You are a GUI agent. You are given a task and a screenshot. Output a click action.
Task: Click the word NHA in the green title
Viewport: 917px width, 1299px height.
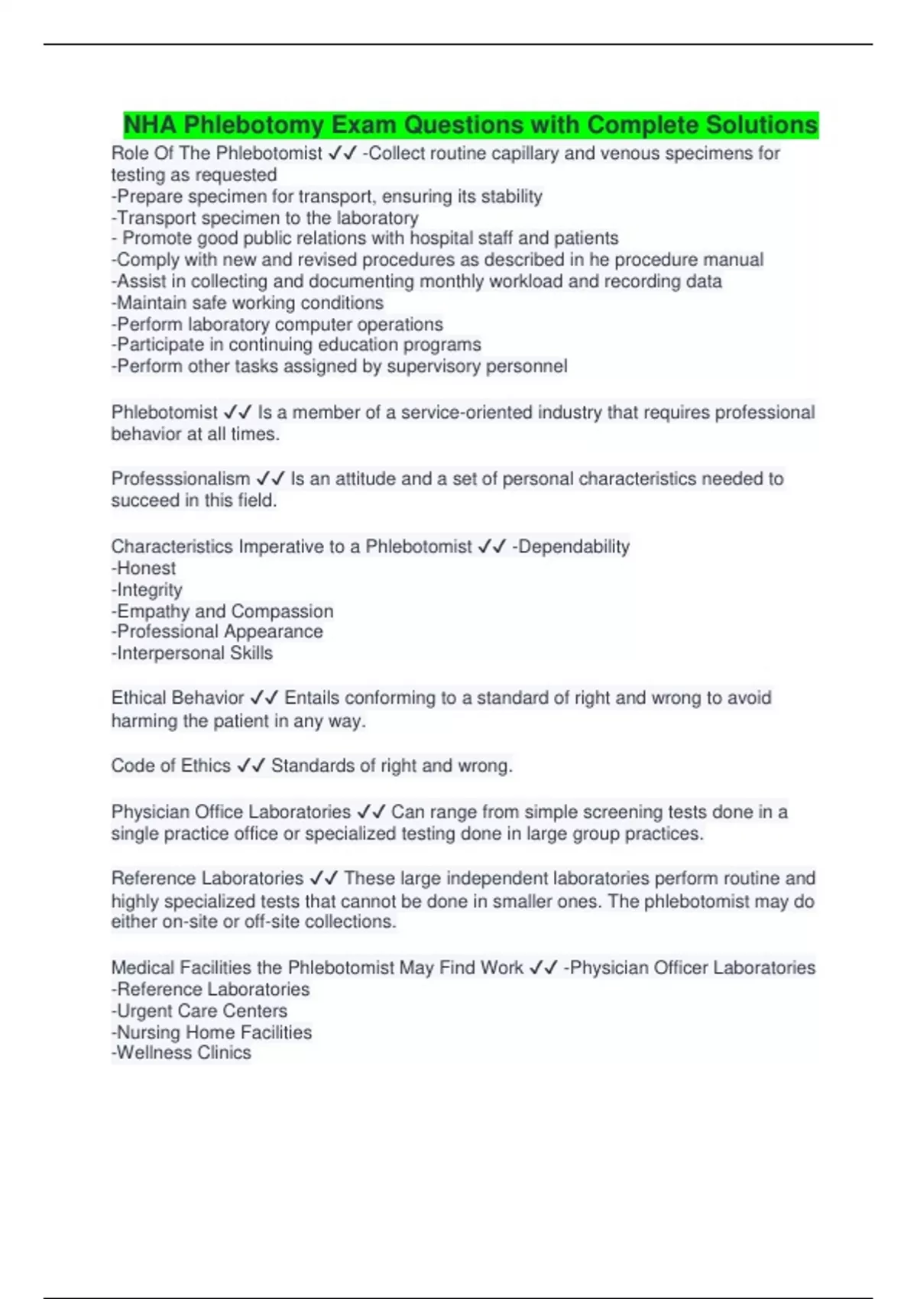click(x=151, y=125)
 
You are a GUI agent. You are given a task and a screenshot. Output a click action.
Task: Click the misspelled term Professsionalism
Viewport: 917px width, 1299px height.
click(x=180, y=479)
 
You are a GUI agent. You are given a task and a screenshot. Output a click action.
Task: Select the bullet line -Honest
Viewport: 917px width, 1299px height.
click(x=144, y=569)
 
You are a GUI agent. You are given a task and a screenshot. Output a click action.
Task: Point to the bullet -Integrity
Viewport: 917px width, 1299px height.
click(x=147, y=590)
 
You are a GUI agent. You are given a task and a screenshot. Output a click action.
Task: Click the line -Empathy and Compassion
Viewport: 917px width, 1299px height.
click(x=222, y=611)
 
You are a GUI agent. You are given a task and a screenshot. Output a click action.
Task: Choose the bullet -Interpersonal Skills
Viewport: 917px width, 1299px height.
click(x=192, y=653)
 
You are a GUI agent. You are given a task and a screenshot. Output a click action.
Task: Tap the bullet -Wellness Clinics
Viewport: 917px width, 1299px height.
click(x=181, y=1053)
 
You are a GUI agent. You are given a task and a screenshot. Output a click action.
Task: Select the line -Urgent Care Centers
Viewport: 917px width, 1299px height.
click(x=199, y=1011)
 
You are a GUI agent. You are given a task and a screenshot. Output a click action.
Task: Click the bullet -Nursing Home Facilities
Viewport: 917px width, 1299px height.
click(x=212, y=1032)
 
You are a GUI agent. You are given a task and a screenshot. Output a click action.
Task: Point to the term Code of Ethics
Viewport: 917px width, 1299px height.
click(x=170, y=766)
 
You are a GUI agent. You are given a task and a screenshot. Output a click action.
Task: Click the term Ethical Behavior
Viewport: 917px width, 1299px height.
click(x=177, y=698)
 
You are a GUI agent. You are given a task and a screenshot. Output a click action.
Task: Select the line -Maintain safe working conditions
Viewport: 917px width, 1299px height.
click(x=248, y=303)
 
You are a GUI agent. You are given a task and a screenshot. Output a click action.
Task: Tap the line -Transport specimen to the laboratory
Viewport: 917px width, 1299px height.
click(x=265, y=218)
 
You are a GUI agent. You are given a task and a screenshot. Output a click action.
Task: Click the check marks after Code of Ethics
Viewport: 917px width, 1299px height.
click(x=251, y=766)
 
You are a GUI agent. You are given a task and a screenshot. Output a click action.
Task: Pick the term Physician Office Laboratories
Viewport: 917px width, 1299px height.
click(x=231, y=811)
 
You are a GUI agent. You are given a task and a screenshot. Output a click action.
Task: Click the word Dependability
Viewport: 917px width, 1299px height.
click(x=573, y=547)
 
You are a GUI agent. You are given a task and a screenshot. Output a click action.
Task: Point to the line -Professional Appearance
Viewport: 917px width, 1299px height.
click(x=217, y=632)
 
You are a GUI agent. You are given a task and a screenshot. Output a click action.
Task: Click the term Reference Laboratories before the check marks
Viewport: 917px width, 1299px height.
click(x=207, y=879)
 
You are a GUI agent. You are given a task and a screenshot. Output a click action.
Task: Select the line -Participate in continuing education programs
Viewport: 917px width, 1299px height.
click(x=296, y=345)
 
